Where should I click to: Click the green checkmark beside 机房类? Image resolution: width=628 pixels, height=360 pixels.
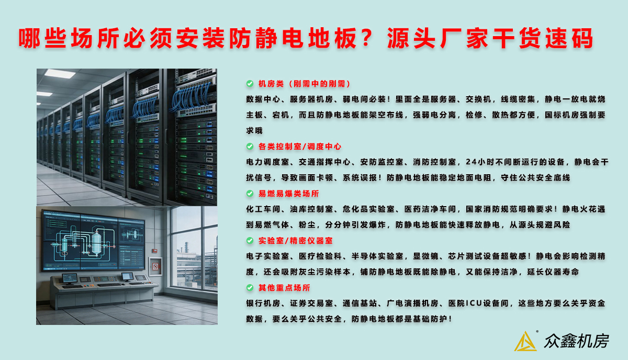(x=250, y=84)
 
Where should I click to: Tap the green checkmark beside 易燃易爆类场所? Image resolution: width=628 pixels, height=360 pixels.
(x=250, y=194)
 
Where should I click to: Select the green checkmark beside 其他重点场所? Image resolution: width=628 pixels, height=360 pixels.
(x=250, y=288)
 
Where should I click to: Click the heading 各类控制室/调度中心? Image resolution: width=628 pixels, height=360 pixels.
(x=300, y=147)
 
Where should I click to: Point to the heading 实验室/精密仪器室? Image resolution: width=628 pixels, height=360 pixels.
(x=296, y=241)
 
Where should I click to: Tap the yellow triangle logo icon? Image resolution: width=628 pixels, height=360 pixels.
(x=525, y=342)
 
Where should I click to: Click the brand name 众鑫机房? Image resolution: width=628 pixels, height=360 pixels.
(x=576, y=341)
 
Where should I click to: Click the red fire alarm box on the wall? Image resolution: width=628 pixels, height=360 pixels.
(x=154, y=251)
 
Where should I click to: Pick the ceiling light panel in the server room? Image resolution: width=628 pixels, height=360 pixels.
(x=60, y=73)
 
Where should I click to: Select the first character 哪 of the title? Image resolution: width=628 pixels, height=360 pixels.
(x=29, y=38)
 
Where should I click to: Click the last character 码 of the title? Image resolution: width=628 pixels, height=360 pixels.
(x=583, y=38)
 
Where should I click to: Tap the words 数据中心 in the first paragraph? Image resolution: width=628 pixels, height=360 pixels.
(x=263, y=99)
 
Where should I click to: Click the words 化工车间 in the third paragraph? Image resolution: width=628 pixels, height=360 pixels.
(x=263, y=209)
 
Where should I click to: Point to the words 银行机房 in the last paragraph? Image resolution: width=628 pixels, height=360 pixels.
(x=263, y=303)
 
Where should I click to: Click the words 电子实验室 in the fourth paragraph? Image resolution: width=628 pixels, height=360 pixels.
(x=268, y=256)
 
